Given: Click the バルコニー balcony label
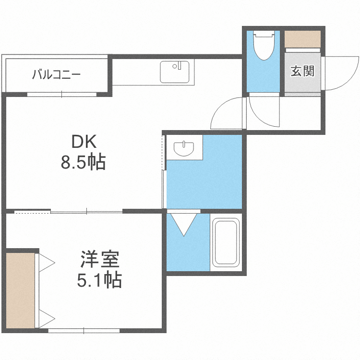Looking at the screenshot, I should coord(56,75).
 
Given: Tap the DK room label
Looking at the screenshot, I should coord(84,142).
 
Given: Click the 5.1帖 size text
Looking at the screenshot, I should coord(99,279).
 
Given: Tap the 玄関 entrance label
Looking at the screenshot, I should coord(302,72).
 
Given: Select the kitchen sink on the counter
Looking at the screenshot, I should coord(175,72).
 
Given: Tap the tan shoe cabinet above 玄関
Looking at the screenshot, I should coord(302,38).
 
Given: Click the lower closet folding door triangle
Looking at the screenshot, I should coord(46,318).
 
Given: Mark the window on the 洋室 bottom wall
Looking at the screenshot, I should coord(84,330).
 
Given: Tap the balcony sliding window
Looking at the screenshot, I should coord(62,94).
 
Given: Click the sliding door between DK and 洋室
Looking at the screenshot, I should coord(86,211).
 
